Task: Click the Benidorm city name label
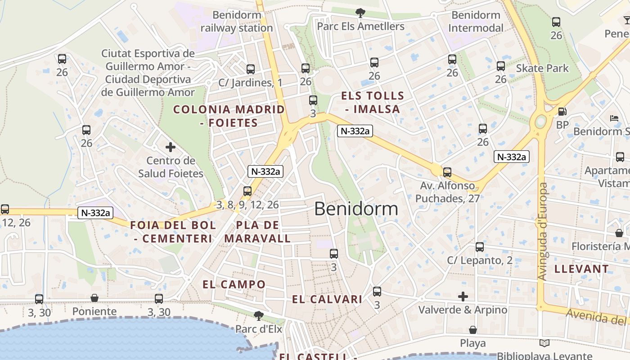click(x=356, y=209)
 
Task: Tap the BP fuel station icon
click(x=562, y=112)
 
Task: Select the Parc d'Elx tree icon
click(x=258, y=315)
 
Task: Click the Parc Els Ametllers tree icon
click(x=360, y=13)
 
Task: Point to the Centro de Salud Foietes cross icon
click(x=171, y=147)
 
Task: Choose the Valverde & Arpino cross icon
click(x=463, y=297)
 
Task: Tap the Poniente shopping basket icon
click(x=94, y=298)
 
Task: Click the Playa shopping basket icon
click(x=472, y=330)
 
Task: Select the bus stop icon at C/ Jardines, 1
click(x=251, y=69)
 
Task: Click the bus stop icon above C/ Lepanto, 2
click(x=480, y=247)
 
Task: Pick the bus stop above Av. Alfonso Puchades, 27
click(x=447, y=172)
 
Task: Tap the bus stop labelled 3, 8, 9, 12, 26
click(x=247, y=191)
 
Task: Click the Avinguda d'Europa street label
click(x=543, y=231)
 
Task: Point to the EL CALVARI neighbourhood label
click(x=327, y=299)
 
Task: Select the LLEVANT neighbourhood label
click(x=581, y=269)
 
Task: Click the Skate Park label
click(x=542, y=68)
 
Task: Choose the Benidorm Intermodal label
click(x=476, y=22)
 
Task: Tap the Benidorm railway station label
click(x=237, y=22)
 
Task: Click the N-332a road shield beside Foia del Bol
click(x=94, y=213)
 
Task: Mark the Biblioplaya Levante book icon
click(x=544, y=343)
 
